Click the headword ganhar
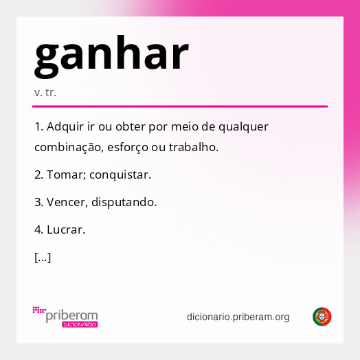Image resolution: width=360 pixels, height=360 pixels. [111, 56]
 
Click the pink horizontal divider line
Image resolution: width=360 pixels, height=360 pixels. [179, 106]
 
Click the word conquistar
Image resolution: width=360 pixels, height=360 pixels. [122, 175]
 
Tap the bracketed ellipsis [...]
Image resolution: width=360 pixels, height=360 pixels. [42, 258]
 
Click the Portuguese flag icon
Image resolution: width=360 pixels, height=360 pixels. [322, 317]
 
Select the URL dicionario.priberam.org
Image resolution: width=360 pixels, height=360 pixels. [238, 317]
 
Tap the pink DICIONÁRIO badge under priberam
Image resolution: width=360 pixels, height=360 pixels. [80, 324]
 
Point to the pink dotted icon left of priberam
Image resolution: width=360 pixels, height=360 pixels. [38, 311]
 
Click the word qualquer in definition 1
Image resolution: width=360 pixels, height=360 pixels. [245, 127]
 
